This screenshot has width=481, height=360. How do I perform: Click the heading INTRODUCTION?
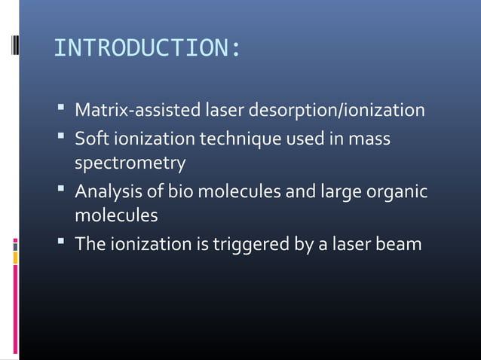pyautogui.click(x=147, y=49)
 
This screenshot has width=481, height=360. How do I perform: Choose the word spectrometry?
pyautogui.click(x=129, y=163)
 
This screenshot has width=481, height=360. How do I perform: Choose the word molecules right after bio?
pyautogui.click(x=225, y=192)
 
